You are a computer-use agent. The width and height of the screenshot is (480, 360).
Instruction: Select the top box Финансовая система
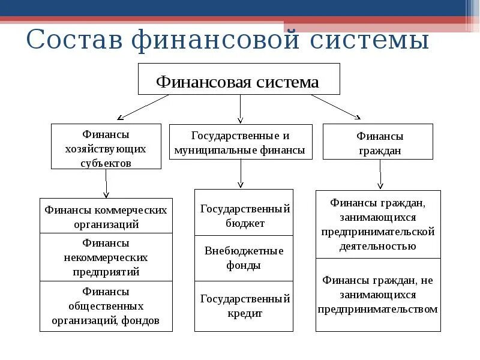pos(239,79)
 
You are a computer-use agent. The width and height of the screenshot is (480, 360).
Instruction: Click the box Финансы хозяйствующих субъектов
pos(106,146)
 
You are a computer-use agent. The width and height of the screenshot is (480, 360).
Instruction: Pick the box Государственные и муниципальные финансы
pos(241,142)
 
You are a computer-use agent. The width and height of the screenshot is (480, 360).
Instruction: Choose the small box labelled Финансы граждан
pos(378,142)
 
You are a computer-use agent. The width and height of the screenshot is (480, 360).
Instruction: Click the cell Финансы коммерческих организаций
pos(106,216)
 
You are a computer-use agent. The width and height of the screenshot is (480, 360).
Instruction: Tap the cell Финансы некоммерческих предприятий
pos(106,257)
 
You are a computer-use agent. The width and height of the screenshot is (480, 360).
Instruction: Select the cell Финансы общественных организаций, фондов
pos(106,306)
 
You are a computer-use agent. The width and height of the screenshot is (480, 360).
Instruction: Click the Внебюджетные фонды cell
pos(244,258)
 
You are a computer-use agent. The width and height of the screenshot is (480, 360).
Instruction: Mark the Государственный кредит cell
pos(244,305)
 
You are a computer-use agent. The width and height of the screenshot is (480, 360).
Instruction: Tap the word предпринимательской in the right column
pos(378,232)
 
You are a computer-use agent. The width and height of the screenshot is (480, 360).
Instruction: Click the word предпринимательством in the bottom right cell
pos(378,310)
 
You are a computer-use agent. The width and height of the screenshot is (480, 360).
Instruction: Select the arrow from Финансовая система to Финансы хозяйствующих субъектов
pos(144,106)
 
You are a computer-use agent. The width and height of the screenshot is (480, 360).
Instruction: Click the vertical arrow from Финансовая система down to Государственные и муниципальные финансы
pos(240,109)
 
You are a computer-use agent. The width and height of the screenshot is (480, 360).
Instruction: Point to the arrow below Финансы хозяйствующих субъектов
pos(106,183)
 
